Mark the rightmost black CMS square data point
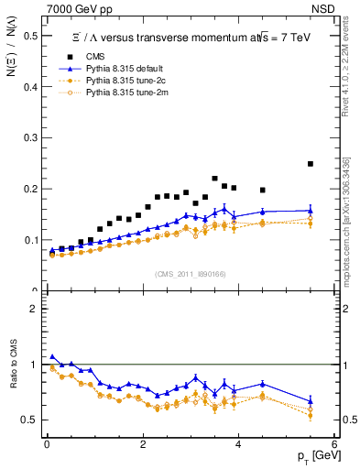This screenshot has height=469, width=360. (x=311, y=164)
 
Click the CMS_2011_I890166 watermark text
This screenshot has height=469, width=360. (x=191, y=275)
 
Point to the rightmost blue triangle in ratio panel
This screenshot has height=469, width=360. (x=311, y=400)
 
